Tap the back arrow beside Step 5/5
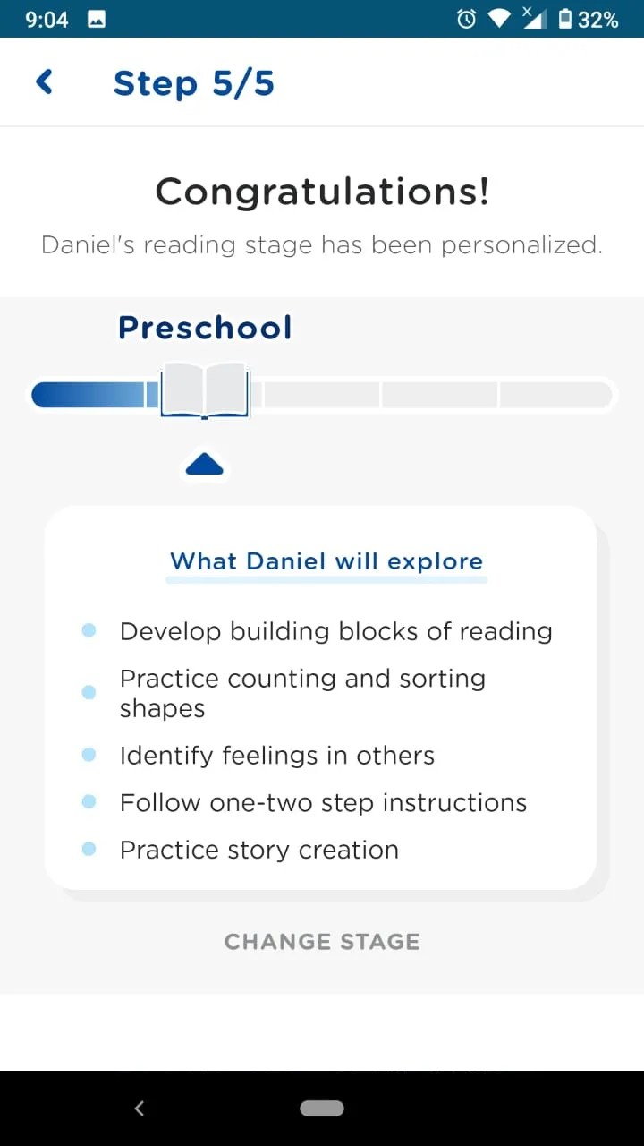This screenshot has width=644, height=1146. pos(44,82)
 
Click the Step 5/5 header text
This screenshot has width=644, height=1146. pos(193,83)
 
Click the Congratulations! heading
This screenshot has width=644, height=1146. pos(322,191)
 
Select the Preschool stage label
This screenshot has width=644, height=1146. pos(205,328)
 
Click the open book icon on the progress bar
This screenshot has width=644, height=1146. pos(205,389)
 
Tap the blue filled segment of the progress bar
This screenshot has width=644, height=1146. pos(89,395)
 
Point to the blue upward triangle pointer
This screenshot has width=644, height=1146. pos(205,464)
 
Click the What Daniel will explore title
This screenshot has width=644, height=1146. pos(326,561)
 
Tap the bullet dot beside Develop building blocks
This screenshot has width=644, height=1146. pos(89,630)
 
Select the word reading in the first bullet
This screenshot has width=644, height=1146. pos(505,632)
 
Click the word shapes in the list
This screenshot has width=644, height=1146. pos(162,708)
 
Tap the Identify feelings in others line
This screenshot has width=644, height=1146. pos(277,756)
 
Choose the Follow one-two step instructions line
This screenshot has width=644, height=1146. pos(323,802)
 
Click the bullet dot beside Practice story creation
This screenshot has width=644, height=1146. pos(89,849)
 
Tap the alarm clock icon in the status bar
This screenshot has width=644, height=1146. pos(466,19)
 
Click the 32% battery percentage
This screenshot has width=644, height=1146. pos(597,20)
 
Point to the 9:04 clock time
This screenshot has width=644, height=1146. pos(47,20)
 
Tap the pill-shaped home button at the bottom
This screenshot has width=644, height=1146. pos(322,1108)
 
